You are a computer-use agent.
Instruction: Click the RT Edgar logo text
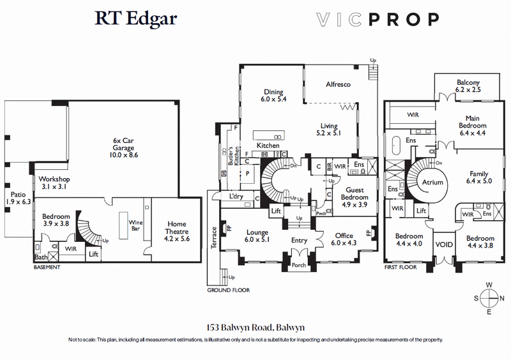pyautogui.click(x=136, y=19)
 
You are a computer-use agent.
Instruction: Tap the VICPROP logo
pyautogui.click(x=378, y=19)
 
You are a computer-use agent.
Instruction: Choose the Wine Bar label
pyautogui.click(x=135, y=224)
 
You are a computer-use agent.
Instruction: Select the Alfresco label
pyautogui.click(x=339, y=84)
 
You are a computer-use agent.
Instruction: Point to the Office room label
pyautogui.click(x=344, y=239)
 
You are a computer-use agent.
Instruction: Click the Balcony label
pyautogui.click(x=468, y=86)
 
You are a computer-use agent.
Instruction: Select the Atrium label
pyautogui.click(x=432, y=183)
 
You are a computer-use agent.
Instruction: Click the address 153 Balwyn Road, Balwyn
pyautogui.click(x=255, y=327)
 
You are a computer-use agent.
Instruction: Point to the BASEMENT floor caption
pyautogui.click(x=47, y=267)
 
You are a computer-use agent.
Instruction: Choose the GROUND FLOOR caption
pyautogui.click(x=228, y=290)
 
